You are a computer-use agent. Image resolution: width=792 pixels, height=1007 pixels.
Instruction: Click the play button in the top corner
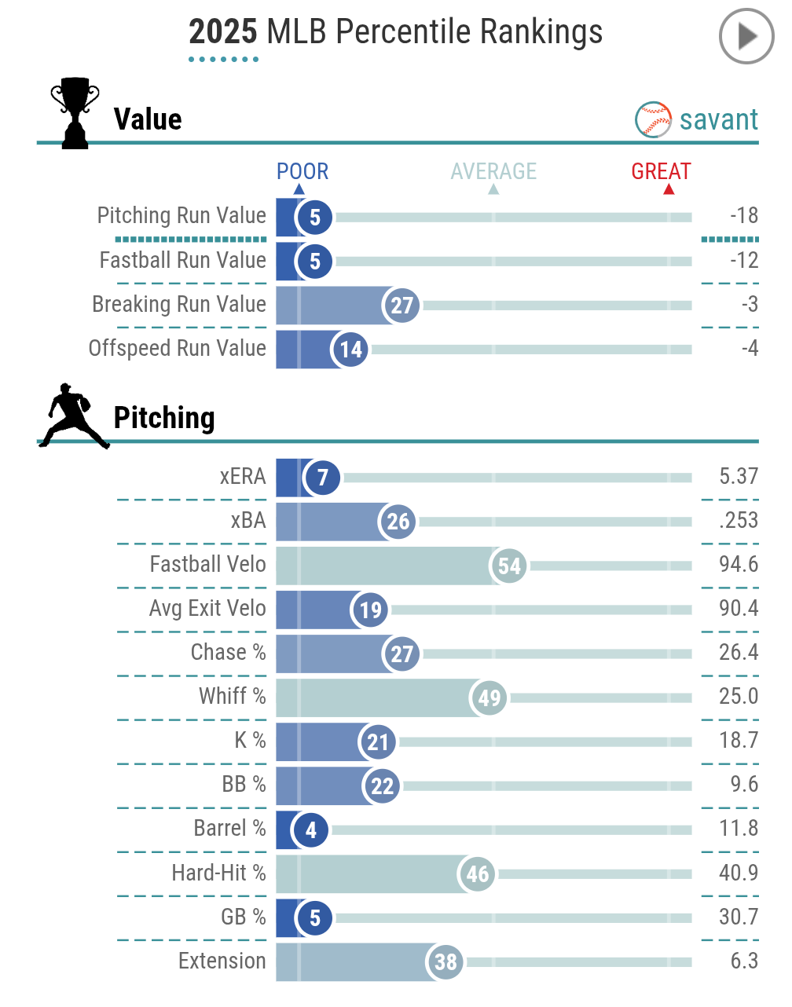[x=746, y=36]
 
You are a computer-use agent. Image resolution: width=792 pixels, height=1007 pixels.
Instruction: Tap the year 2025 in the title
[x=223, y=33]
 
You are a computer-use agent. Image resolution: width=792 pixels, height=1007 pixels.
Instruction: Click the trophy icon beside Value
[x=75, y=112]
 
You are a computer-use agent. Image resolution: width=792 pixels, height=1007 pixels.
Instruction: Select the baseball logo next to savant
[x=653, y=120]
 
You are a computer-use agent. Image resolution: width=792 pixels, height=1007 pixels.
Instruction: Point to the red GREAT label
[x=661, y=171]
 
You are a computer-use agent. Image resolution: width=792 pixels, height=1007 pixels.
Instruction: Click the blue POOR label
[x=302, y=171]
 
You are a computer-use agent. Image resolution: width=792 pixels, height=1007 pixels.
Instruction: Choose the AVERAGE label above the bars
[x=493, y=171]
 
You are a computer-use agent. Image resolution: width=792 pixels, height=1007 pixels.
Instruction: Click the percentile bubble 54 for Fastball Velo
[x=509, y=566]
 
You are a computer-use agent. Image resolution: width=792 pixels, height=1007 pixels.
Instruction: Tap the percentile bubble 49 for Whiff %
[x=489, y=698]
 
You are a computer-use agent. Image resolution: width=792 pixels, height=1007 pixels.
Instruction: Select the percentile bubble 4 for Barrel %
[x=311, y=829]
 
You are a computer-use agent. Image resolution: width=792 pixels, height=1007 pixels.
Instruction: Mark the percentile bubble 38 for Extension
[x=445, y=961]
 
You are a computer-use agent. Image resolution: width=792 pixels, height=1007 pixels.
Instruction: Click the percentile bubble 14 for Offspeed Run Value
[x=350, y=350]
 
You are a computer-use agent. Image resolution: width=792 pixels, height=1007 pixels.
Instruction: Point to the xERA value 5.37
[x=739, y=476]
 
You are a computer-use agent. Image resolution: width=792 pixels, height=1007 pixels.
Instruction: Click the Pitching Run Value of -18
[x=743, y=216]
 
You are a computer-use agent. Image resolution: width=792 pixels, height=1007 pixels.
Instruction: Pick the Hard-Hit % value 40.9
[x=739, y=873]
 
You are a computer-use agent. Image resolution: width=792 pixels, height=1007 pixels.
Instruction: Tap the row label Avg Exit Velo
[x=207, y=608]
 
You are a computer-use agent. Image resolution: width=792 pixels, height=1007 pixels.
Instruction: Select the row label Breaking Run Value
[x=179, y=304]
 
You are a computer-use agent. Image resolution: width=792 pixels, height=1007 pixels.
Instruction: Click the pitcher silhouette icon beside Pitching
[x=73, y=416]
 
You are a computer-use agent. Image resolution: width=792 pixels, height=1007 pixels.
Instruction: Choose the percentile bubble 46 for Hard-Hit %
[x=477, y=873]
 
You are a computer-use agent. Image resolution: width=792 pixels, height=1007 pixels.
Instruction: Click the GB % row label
[x=243, y=917]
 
